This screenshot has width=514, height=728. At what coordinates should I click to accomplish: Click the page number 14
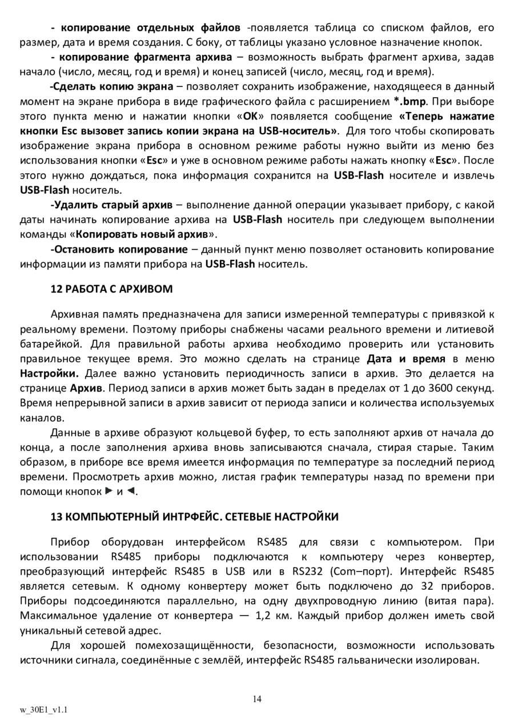(x=257, y=699)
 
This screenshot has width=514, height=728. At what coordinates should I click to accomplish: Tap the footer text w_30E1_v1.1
(x=44, y=710)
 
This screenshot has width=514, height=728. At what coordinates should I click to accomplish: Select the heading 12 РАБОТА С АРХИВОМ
(x=111, y=289)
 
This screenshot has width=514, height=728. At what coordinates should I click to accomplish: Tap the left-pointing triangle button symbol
(x=131, y=491)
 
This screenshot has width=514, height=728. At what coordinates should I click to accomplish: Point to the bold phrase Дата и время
(x=405, y=359)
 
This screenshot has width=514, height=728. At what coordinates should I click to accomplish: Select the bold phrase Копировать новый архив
(x=142, y=234)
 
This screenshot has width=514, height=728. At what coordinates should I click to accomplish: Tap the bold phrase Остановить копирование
(x=119, y=249)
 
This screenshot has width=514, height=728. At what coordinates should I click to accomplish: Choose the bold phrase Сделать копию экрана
(x=111, y=87)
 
